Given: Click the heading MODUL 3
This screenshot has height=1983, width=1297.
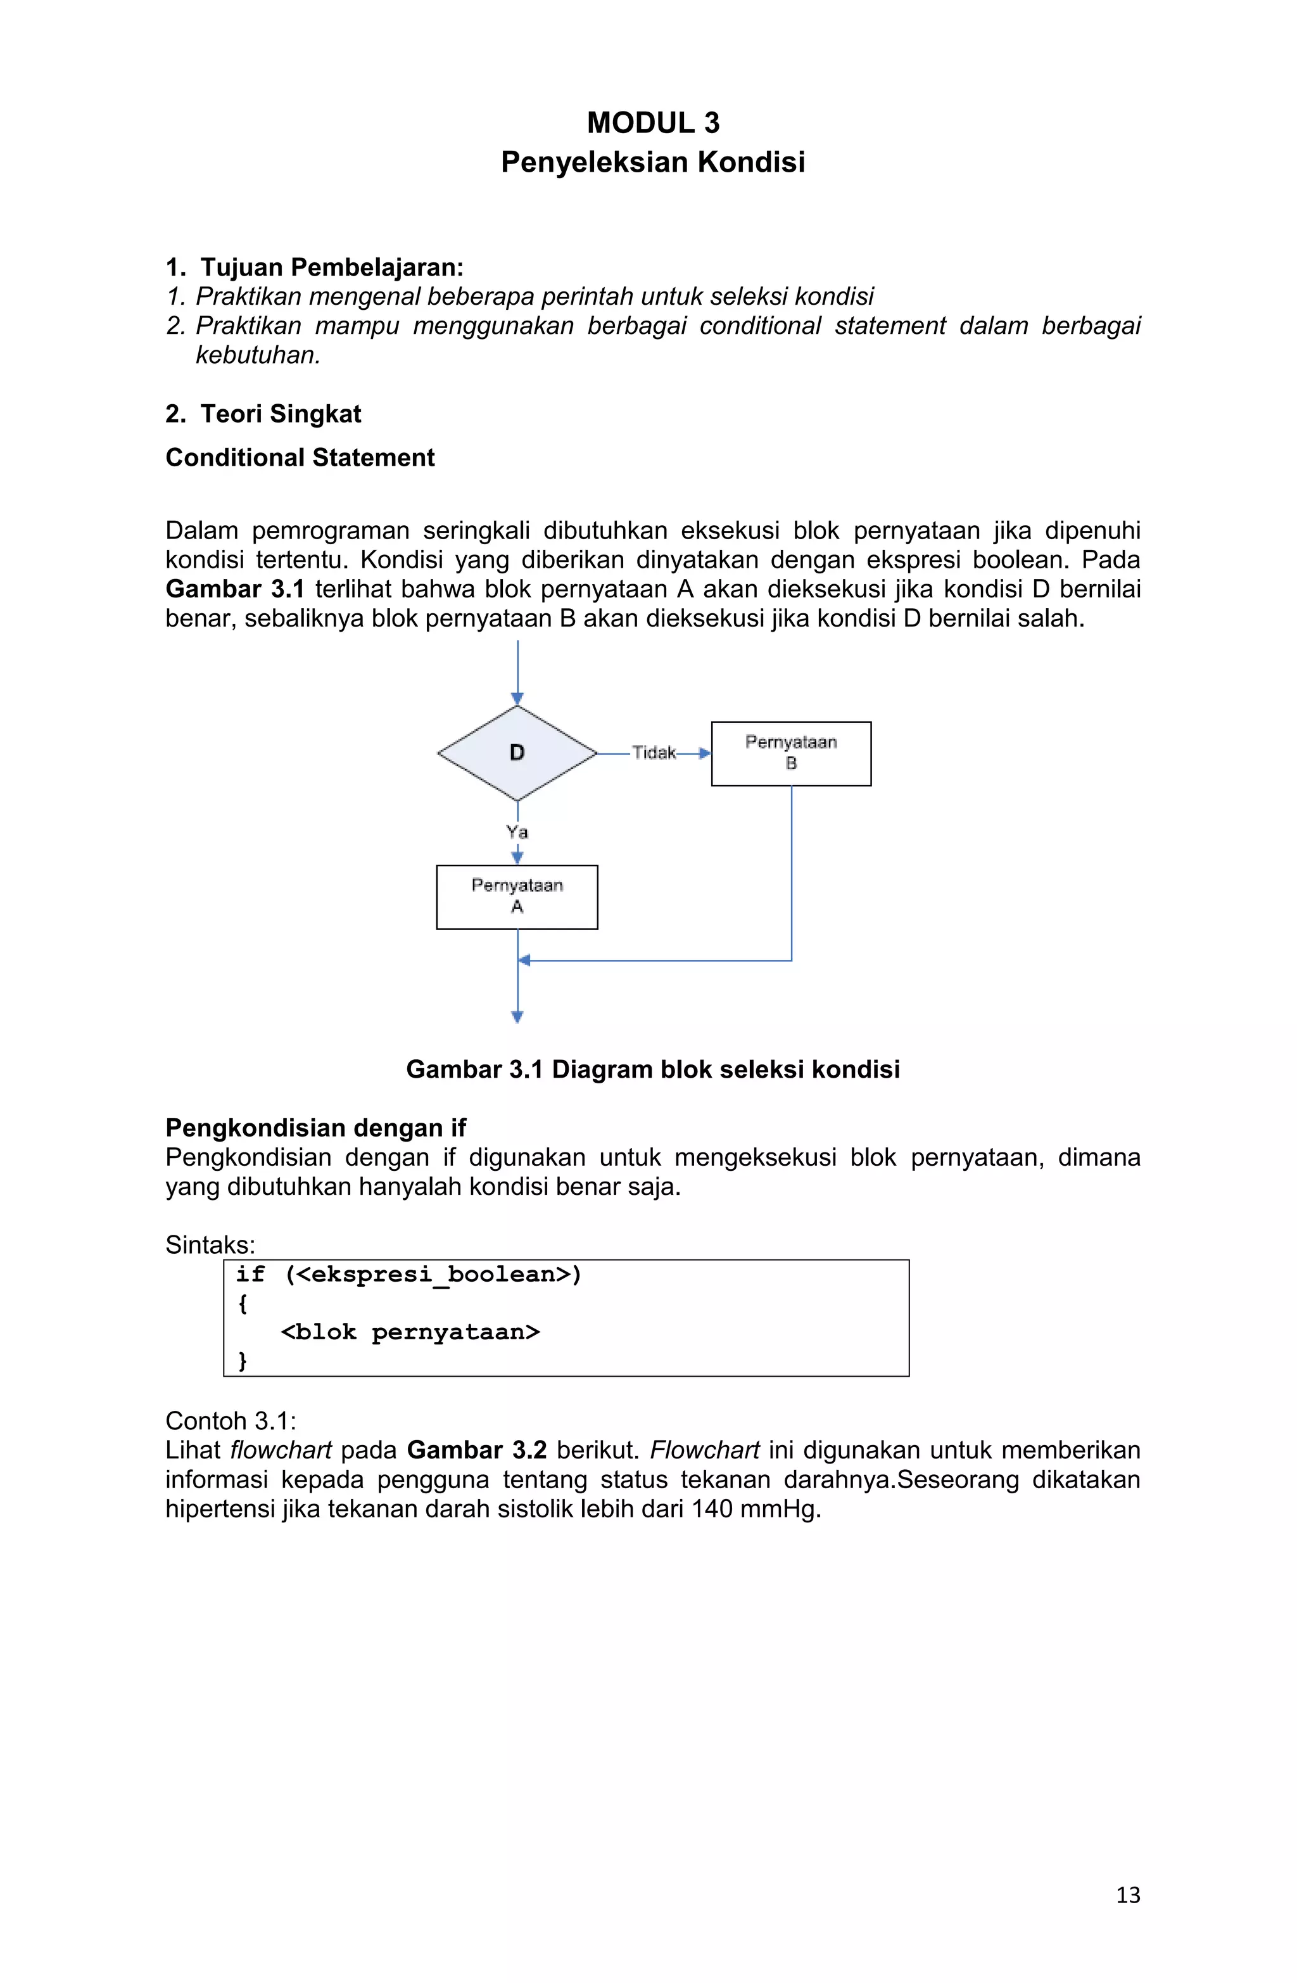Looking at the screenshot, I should tap(652, 122).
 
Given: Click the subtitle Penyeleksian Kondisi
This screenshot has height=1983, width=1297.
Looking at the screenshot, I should tap(652, 162).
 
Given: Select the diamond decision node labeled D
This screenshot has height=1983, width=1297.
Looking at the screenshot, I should tap(517, 753).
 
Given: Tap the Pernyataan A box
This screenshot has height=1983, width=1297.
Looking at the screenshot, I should tap(517, 896).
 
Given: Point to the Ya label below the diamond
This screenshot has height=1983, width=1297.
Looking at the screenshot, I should tap(517, 831).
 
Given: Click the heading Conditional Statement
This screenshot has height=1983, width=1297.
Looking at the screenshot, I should tap(300, 457).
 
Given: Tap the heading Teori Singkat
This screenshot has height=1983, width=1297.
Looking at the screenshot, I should tap(280, 414).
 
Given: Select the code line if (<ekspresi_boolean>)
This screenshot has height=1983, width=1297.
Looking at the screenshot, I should tap(408, 1274).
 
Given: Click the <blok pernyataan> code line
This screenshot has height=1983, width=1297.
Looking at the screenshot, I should tap(410, 1332).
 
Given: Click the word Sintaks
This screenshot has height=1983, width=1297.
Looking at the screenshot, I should tap(209, 1245).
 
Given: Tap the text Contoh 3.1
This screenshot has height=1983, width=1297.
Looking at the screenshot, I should tap(230, 1420).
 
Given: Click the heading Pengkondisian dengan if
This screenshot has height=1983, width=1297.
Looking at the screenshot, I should tap(316, 1127).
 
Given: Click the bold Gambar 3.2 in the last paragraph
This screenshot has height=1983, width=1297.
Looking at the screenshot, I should tap(476, 1450).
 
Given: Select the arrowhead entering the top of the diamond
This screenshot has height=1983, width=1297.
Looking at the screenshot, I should tap(517, 698).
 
